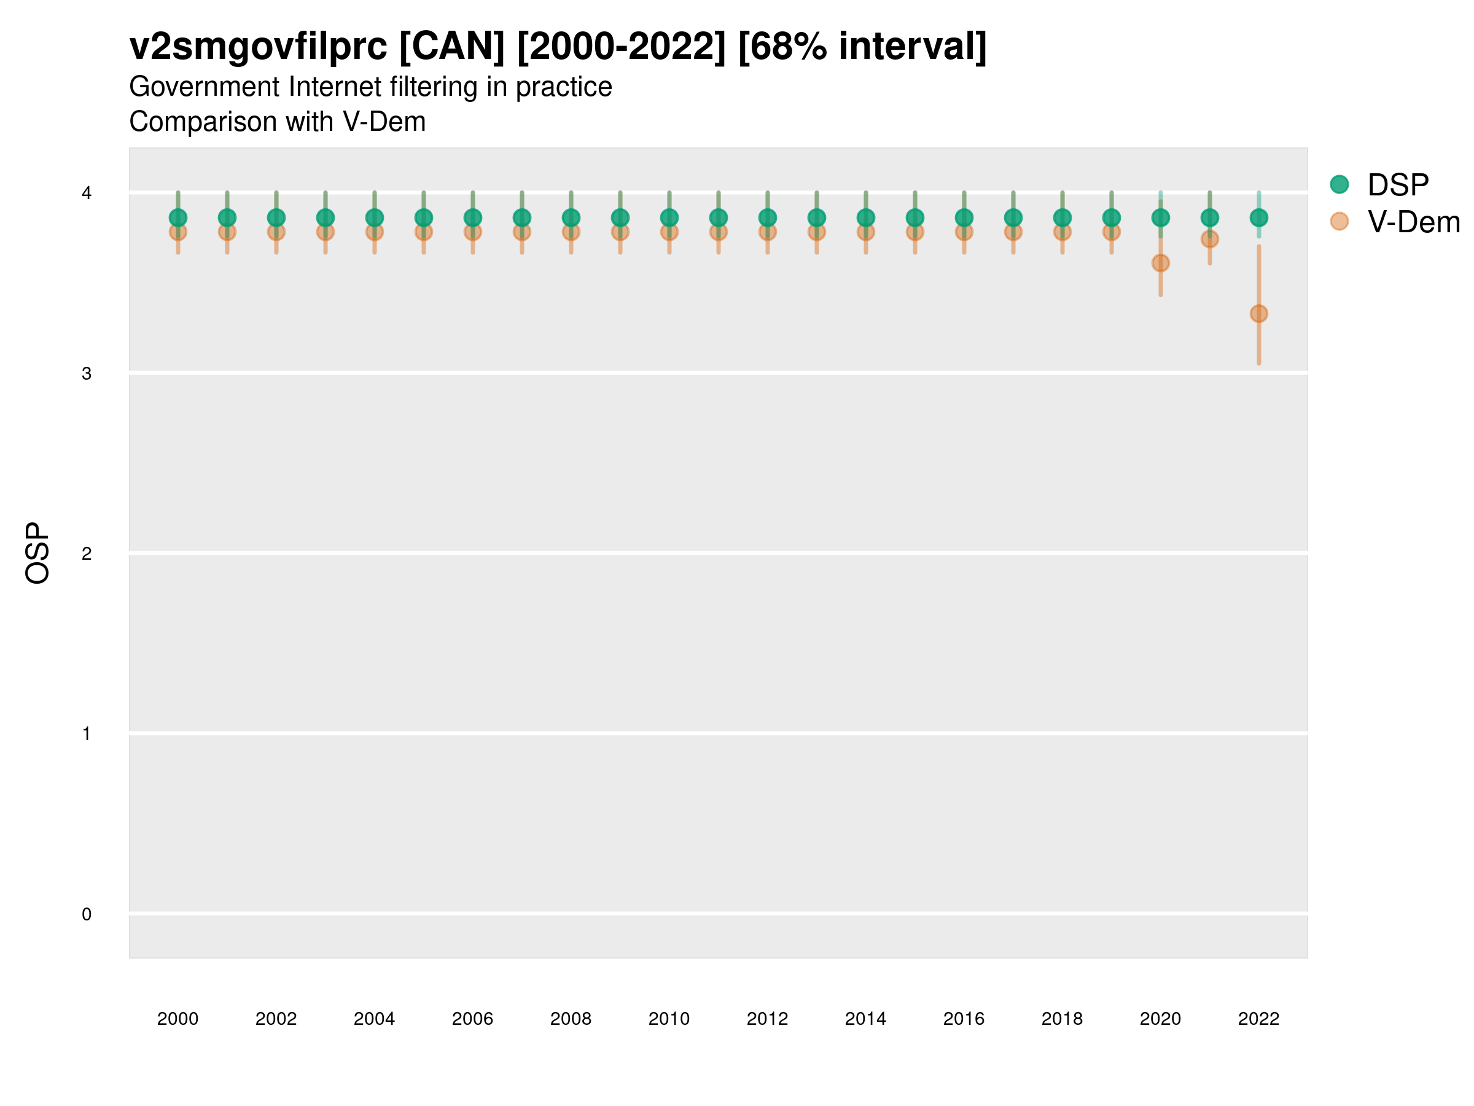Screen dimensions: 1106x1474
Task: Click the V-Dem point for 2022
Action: coord(1259,313)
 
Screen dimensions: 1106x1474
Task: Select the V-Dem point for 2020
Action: coord(1160,264)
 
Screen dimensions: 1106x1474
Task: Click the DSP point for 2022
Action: coord(1259,218)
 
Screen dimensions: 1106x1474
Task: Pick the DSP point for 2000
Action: coord(178,218)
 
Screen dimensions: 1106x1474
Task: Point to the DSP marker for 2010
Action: coord(669,218)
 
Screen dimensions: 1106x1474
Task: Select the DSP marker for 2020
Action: coord(1160,218)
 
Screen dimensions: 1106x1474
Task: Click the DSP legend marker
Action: coord(1339,185)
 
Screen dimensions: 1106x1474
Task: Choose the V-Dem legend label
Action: coord(1413,222)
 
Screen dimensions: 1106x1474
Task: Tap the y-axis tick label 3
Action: coord(87,374)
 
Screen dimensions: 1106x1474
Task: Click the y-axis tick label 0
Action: coord(87,915)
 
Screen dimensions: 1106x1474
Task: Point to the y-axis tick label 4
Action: coord(87,194)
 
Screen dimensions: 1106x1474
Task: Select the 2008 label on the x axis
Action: coord(571,1019)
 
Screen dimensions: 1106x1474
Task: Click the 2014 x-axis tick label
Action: coord(865,1019)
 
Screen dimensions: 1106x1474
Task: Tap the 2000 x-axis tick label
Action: coord(178,1019)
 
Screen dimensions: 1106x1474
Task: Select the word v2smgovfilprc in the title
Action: coord(258,47)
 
